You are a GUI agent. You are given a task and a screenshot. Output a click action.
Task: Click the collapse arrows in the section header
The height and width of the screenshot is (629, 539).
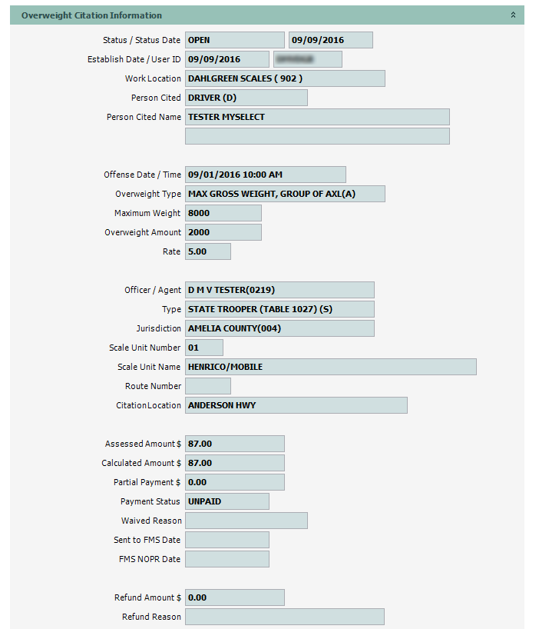coord(514,15)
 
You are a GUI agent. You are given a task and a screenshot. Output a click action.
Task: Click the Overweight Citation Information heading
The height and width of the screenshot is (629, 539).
coord(91,15)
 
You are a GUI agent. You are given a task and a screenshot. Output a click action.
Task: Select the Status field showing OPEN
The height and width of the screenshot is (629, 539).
coord(234,40)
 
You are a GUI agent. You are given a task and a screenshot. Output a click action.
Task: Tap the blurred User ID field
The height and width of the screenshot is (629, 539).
coord(307,59)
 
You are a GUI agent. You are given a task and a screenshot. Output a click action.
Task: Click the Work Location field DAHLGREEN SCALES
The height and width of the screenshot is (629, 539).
coord(285,78)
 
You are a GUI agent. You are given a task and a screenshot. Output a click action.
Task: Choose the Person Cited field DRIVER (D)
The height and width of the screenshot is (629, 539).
coord(246,98)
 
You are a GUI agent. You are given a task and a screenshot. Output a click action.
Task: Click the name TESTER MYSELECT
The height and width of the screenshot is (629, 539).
coord(317,117)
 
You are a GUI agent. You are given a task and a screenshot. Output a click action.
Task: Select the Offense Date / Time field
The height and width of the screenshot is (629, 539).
coord(265,175)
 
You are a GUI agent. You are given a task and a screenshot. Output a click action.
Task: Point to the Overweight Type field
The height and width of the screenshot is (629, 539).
coord(285,194)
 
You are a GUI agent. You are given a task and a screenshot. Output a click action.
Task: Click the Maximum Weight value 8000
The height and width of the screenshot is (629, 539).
coord(223,213)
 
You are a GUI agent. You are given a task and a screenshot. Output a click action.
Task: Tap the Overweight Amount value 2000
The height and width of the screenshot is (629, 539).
coord(223,232)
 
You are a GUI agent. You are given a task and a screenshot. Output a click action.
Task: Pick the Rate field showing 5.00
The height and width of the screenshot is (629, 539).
coord(207,251)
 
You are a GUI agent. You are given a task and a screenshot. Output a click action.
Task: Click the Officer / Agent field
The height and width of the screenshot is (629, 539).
coord(279,290)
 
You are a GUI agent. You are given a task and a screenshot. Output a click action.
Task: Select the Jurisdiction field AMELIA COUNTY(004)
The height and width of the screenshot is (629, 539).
coord(279,328)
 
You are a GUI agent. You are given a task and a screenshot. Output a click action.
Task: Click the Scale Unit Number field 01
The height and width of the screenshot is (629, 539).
coord(203,348)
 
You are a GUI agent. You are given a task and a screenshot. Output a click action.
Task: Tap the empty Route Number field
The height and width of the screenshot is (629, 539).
coord(207,386)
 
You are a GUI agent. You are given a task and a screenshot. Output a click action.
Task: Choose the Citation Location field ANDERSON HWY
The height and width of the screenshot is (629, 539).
coord(296,405)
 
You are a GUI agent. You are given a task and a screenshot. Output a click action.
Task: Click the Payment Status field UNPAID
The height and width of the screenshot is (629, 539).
coord(227,501)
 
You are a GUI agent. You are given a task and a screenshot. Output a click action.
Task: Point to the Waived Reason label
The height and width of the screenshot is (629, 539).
coord(151,521)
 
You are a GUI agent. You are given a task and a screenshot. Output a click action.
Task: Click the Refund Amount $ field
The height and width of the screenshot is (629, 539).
coord(234,597)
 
